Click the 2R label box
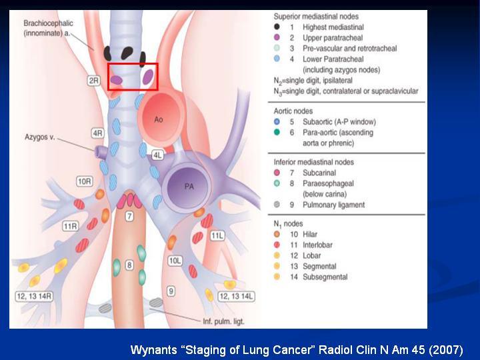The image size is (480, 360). point(94,81)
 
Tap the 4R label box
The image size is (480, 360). point(97,133)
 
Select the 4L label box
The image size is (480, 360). point(157,155)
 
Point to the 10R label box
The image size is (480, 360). point(85,181)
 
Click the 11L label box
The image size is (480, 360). point(217,236)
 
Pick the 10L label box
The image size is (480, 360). point(175,261)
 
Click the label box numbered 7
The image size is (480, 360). point(129,217)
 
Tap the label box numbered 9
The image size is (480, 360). point(171,291)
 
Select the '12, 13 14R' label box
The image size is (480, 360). point(34,296)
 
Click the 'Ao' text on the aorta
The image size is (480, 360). point(158,119)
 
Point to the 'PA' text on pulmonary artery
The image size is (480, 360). point(189,187)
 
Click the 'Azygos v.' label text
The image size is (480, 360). point(40,137)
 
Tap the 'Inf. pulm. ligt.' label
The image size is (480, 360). point(223,321)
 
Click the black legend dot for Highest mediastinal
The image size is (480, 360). point(277,27)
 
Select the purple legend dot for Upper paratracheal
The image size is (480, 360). point(277,37)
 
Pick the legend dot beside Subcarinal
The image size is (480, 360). point(277,173)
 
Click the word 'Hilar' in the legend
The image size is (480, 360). point(310,234)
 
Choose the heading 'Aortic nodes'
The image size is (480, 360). point(293,111)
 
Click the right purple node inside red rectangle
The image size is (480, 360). point(148,77)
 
